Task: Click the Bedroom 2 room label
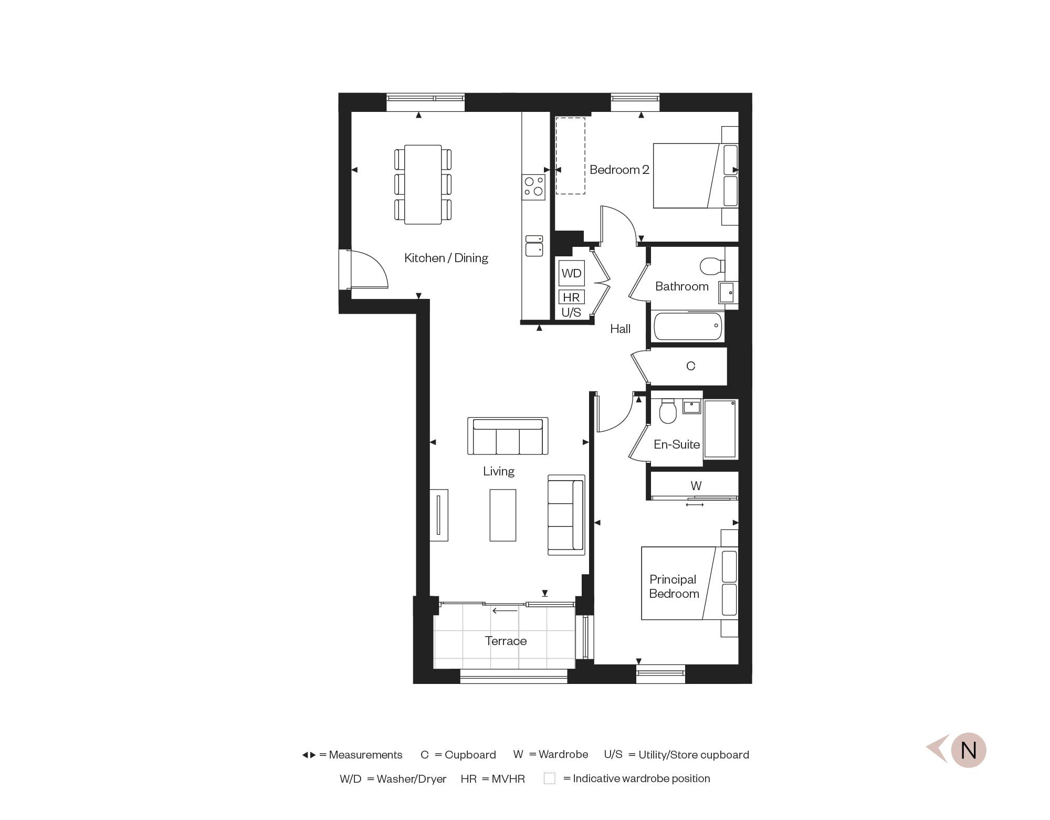click(619, 170)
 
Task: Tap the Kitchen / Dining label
click(446, 258)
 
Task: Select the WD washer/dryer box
click(571, 273)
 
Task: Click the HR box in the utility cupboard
click(571, 297)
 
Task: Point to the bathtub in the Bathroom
click(688, 326)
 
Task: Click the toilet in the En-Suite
click(668, 411)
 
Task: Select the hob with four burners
click(533, 187)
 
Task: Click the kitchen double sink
click(534, 246)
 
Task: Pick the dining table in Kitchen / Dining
click(423, 184)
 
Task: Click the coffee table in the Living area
click(502, 515)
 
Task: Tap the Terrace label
click(506, 641)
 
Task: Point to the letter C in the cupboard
click(690, 366)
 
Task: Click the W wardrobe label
click(696, 486)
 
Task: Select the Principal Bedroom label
click(674, 586)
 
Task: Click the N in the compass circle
click(968, 750)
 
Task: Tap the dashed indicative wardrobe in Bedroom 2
click(570, 156)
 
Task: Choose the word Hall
click(620, 329)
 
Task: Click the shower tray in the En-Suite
click(720, 429)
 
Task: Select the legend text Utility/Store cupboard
click(694, 755)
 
